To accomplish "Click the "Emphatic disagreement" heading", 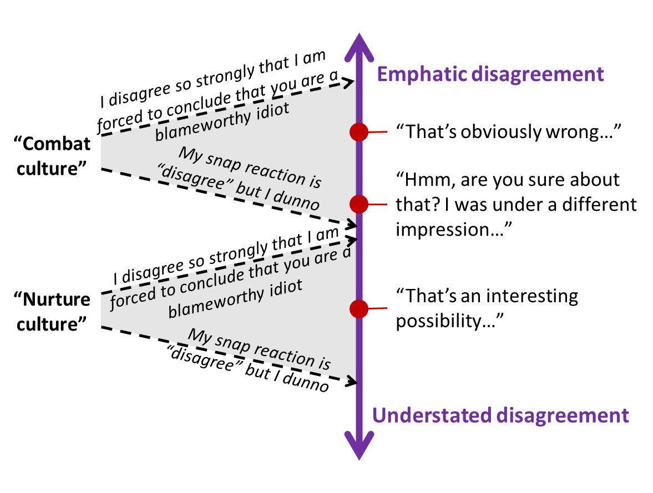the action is click(490, 74).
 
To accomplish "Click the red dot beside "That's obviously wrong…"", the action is click(360, 132).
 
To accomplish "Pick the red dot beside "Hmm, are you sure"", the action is click(360, 204).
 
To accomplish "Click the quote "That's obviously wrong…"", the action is click(508, 132).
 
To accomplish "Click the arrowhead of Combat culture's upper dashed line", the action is click(349, 83).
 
